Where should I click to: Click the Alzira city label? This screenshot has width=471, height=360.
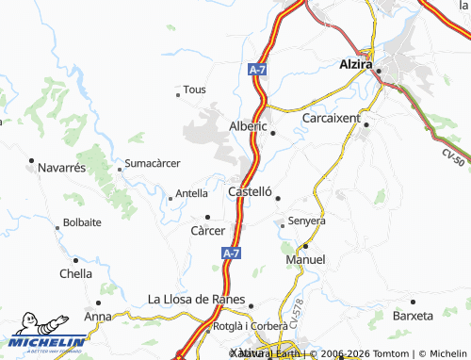358,65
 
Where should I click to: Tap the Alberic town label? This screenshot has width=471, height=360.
249,125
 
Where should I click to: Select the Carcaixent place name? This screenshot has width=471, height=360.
331,120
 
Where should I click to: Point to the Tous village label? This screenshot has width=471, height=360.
194,90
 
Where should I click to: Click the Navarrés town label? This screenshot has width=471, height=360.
62,167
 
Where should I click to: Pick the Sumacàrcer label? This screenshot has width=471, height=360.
153,162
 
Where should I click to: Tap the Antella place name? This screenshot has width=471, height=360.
191,193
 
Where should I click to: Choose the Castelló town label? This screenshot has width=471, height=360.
251,191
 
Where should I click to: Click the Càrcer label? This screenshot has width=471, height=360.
208,230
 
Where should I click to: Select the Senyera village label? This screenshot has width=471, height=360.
306,221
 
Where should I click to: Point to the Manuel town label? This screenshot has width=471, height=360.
305,259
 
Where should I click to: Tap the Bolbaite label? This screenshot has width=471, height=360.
82,223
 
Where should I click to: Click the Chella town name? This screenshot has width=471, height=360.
75,273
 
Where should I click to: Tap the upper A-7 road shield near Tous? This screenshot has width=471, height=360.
257,70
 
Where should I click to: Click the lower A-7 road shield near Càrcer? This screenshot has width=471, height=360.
232,254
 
